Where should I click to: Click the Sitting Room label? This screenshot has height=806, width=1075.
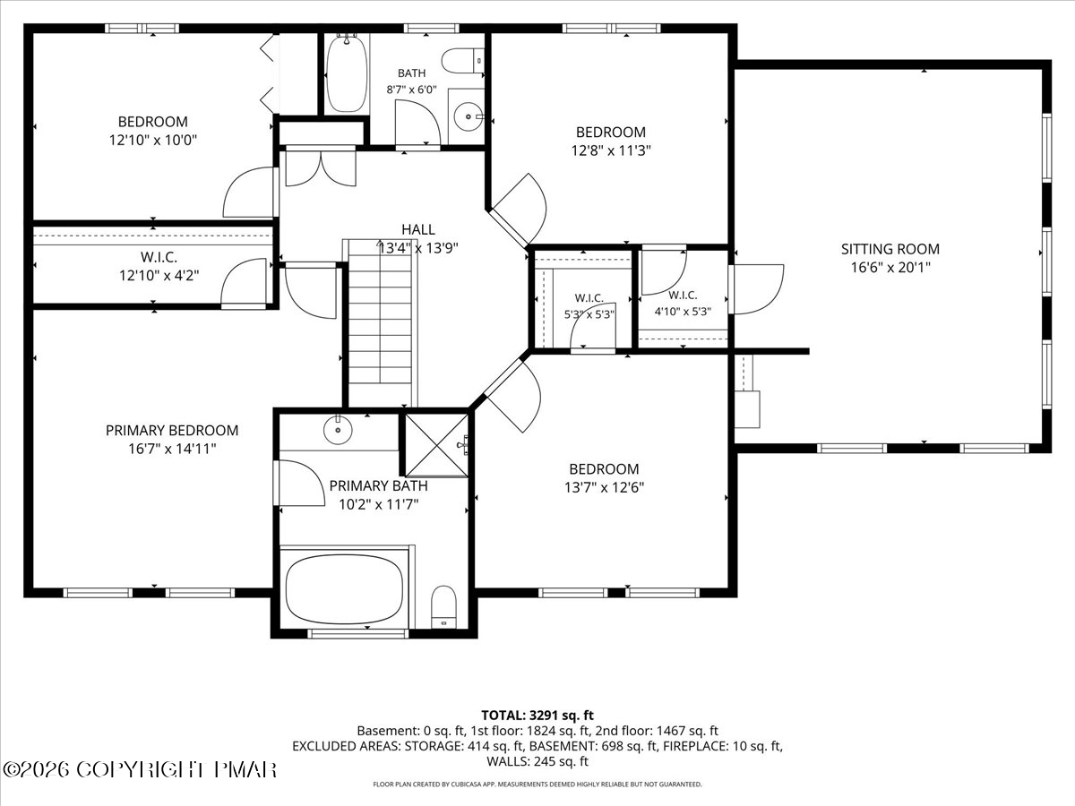click(890, 249)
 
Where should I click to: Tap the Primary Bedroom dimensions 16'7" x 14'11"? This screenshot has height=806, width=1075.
click(172, 449)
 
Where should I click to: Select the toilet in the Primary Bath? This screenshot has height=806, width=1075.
click(443, 607)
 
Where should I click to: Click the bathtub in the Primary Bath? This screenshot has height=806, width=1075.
click(344, 589)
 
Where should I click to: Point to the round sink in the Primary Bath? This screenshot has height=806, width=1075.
click(338, 430)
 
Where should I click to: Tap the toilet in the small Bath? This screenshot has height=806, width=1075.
click(463, 61)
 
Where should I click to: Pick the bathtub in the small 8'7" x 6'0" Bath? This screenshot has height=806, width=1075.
click(347, 73)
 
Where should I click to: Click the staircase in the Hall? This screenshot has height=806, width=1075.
click(380, 323)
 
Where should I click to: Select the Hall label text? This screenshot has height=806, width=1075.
click(418, 229)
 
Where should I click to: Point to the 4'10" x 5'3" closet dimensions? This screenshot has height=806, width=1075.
click(683, 312)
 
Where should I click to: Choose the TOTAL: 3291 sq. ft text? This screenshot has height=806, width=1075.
click(537, 716)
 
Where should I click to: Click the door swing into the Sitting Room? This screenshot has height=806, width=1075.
click(757, 289)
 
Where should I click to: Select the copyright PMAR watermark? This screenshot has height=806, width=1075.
click(140, 770)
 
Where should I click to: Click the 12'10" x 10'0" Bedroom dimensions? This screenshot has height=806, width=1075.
click(153, 141)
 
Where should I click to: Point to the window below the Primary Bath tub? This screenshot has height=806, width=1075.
click(358, 634)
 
